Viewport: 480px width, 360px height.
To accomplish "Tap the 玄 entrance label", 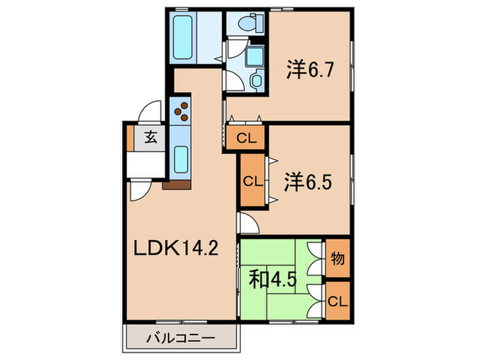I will click(151, 136).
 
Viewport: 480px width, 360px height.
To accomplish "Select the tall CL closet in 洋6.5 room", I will click(251, 182).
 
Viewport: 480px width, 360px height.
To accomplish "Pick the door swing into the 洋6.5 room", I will click(247, 222).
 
